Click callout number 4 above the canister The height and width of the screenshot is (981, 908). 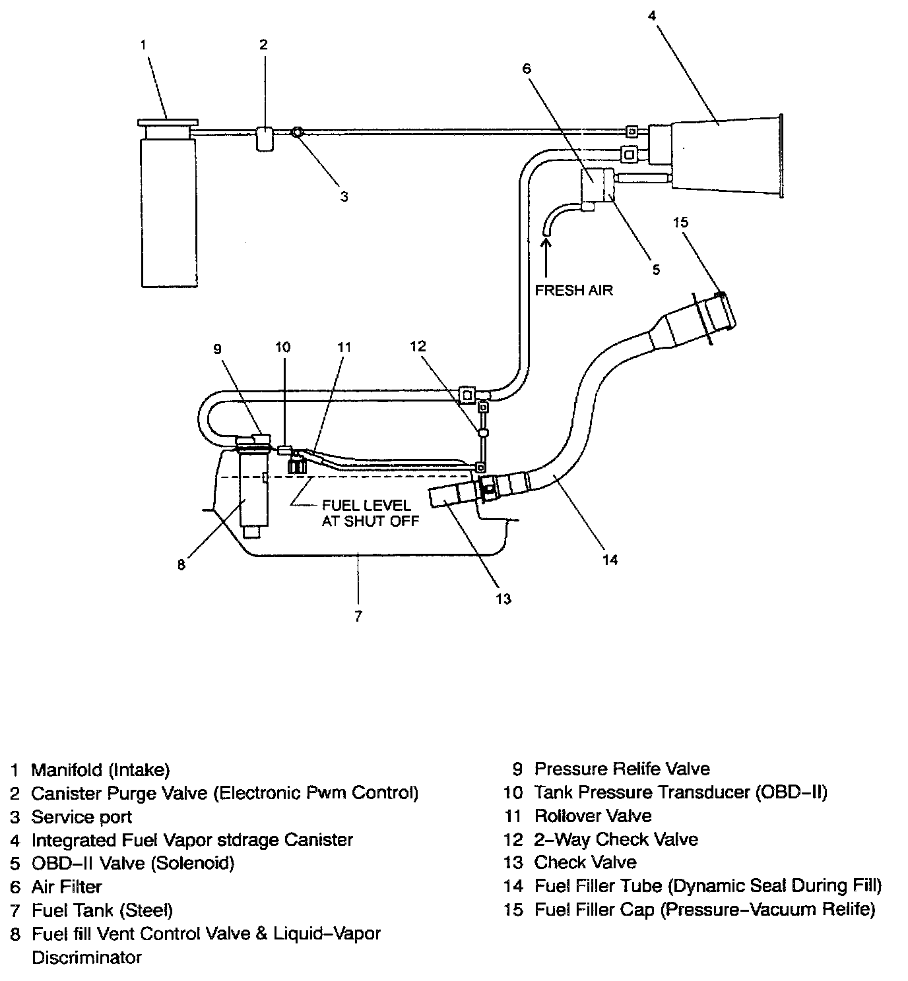click(651, 16)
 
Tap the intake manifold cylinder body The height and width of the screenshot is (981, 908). click(168, 211)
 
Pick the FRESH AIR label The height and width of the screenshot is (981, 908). click(573, 290)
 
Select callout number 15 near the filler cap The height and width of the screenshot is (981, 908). click(680, 222)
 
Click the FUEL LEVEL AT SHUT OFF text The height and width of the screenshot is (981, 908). click(370, 512)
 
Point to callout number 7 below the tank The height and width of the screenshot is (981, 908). click(358, 616)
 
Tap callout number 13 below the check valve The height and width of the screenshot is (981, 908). click(503, 599)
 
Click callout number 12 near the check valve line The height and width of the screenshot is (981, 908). click(418, 346)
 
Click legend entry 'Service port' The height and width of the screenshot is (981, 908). click(81, 817)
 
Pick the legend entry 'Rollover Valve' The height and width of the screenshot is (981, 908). click(593, 816)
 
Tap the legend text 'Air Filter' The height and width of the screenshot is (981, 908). click(67, 887)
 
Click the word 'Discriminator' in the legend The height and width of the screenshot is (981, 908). click(86, 957)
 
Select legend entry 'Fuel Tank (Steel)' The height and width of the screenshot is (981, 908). click(102, 910)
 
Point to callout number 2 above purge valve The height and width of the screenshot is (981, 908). click(263, 45)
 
